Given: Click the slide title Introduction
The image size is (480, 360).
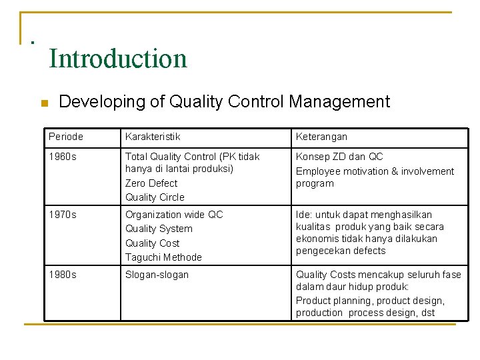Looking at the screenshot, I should pyautogui.click(x=118, y=59).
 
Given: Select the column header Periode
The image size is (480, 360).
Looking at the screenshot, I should pyautogui.click(x=66, y=137).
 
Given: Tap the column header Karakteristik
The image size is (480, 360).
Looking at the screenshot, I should pyautogui.click(x=153, y=137).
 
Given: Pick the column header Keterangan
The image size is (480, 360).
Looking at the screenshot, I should pyautogui.click(x=321, y=137).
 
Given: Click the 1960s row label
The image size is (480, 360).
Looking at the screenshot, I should pyautogui.click(x=63, y=157).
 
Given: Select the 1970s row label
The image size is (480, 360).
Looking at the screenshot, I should pyautogui.click(x=63, y=215).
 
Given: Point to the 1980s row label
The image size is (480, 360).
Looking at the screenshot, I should pyautogui.click(x=63, y=275).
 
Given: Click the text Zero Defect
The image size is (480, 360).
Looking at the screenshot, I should pyautogui.click(x=151, y=183).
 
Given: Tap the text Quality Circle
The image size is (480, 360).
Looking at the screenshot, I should pyautogui.click(x=155, y=197).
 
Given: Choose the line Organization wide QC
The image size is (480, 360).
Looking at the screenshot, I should pyautogui.click(x=174, y=215).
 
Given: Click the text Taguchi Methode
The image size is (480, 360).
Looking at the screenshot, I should pyautogui.click(x=163, y=257).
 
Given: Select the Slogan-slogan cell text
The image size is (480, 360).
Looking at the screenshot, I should pyautogui.click(x=157, y=275).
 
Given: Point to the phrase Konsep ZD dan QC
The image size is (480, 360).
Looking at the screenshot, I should pyautogui.click(x=339, y=157).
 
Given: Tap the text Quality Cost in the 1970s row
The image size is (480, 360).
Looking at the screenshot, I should pyautogui.click(x=153, y=243).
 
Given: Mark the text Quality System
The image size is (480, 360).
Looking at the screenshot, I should pyautogui.click(x=159, y=229).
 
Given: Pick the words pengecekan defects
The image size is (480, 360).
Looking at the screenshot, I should pyautogui.click(x=341, y=251).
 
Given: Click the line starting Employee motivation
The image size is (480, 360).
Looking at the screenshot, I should pyautogui.click(x=375, y=171).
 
